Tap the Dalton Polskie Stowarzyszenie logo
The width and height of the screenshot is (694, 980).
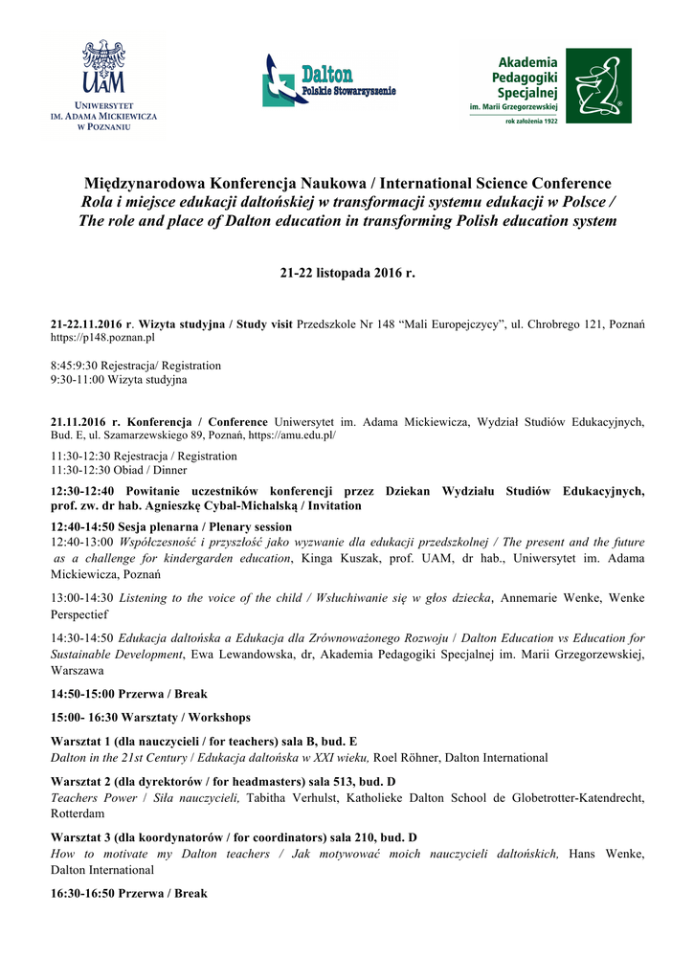click(x=329, y=80)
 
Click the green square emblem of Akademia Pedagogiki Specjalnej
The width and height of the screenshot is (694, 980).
click(x=598, y=85)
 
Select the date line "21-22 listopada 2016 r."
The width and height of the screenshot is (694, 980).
click(x=347, y=274)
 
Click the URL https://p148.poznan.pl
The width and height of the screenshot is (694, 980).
click(x=102, y=339)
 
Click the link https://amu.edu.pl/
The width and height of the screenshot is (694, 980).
click(x=291, y=434)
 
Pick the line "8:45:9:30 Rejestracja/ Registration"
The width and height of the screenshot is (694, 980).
click(x=135, y=366)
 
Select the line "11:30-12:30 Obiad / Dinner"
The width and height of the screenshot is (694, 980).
click(x=119, y=470)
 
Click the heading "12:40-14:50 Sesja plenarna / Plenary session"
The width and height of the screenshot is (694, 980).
click(x=170, y=526)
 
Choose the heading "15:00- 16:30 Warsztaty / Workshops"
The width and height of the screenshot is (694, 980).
click(x=150, y=717)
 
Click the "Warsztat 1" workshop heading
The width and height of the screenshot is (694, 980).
click(x=203, y=742)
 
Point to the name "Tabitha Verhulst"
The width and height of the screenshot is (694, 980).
click(x=290, y=798)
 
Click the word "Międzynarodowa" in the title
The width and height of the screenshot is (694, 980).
click(x=144, y=184)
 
